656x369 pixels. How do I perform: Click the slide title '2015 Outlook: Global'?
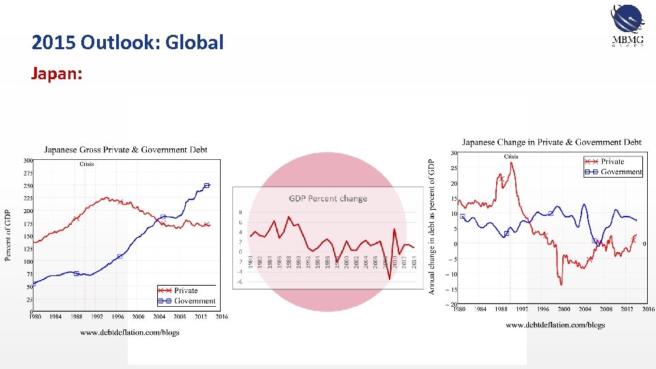point(127,43)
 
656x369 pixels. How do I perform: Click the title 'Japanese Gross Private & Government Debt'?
point(126,149)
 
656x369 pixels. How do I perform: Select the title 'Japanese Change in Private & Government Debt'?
point(551,142)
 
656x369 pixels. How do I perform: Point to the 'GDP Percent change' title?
point(328,199)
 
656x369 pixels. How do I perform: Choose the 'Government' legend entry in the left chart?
point(194,301)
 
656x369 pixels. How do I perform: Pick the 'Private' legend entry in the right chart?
point(612,162)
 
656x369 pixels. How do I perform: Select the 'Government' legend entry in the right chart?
point(621,172)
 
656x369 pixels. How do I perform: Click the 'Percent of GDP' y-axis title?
point(8,235)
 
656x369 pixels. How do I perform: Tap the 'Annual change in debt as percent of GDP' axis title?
point(431,227)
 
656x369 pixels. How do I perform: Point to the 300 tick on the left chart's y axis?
point(27,161)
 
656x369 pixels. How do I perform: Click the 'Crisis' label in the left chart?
point(87,164)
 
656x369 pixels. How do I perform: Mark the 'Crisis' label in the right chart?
point(511,156)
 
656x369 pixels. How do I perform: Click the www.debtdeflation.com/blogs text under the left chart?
point(130,333)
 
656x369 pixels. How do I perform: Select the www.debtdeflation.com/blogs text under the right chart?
point(555,325)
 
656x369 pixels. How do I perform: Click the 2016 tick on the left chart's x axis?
point(222,316)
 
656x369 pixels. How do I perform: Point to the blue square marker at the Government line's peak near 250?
point(207,185)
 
